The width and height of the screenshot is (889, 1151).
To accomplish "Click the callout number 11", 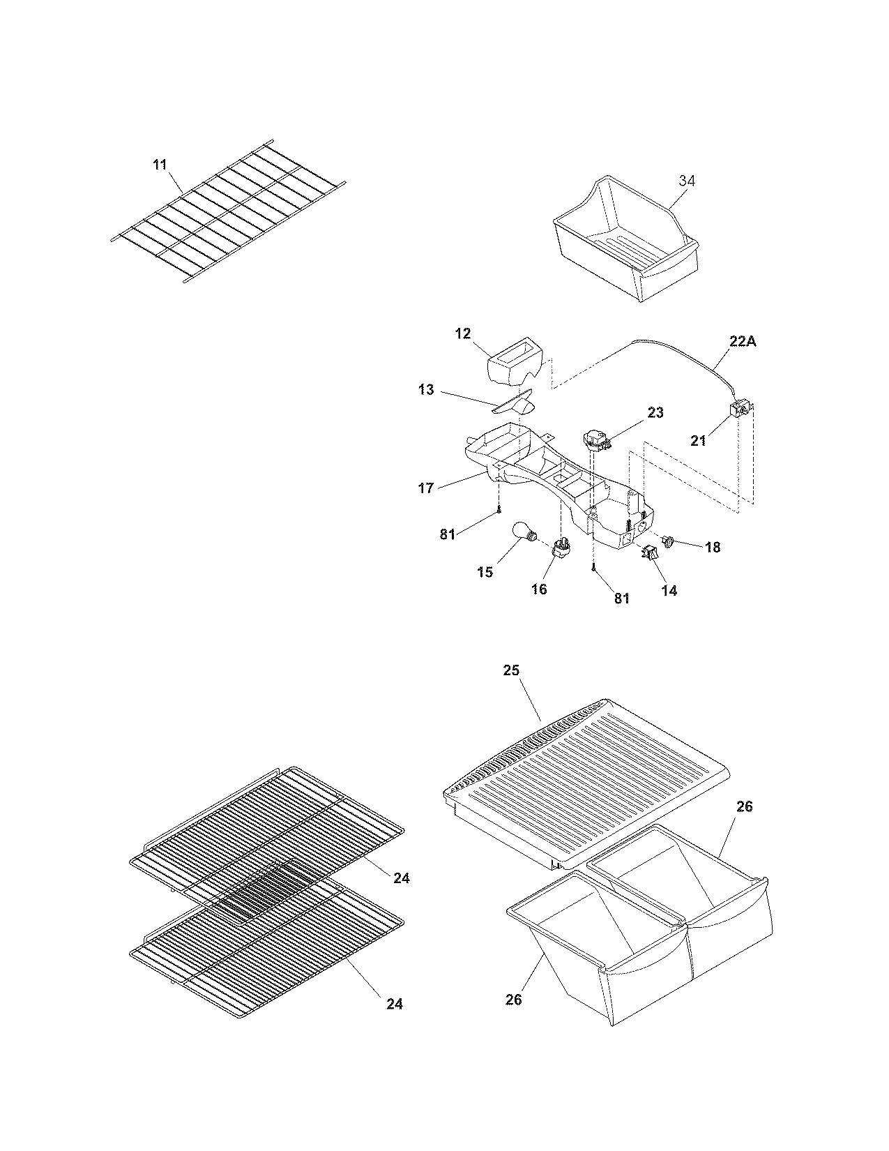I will [x=160, y=165].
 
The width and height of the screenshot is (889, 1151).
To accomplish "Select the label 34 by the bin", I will [x=687, y=181].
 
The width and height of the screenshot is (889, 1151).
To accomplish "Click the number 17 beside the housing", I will [x=426, y=488].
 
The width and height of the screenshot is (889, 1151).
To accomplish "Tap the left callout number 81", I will [x=447, y=535].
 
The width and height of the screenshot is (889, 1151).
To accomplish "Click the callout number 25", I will [x=511, y=670].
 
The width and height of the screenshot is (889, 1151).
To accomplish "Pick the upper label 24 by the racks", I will [x=401, y=878].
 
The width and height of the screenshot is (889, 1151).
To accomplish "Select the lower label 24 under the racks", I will [x=395, y=1004].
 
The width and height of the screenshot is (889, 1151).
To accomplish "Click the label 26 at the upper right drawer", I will [x=745, y=806].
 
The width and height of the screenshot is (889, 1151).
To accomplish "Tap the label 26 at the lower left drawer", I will [x=513, y=1000].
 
